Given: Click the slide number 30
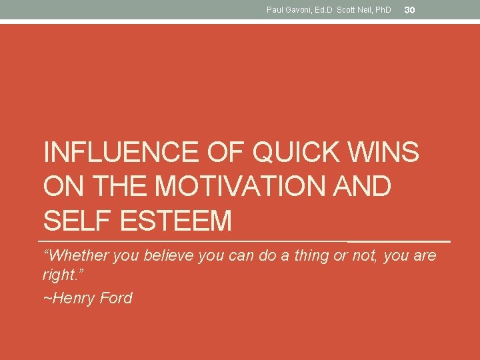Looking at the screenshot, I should click(410, 10).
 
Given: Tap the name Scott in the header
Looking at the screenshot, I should click(348, 10).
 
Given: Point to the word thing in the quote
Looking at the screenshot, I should click(308, 255).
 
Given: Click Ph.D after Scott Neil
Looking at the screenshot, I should click(381, 10).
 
